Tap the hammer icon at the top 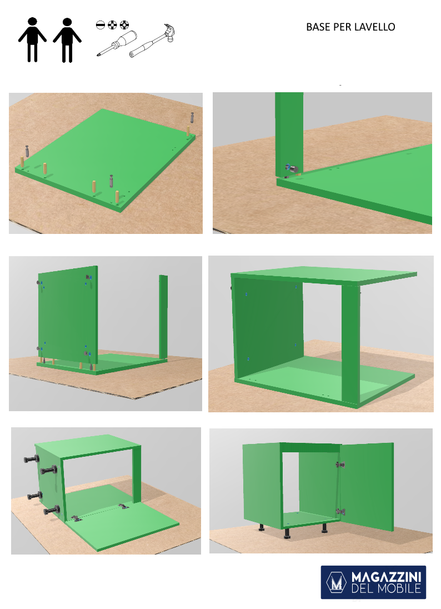click(152, 41)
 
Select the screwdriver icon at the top click(117, 43)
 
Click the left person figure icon click(32, 39)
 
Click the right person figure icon click(67, 40)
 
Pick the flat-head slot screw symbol click(100, 25)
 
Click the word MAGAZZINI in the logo click(386, 576)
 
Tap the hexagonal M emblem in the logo click(336, 582)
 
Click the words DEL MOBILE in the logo click(386, 588)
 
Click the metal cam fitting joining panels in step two click(292, 168)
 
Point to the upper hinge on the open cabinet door click(340, 464)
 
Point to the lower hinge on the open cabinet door click(340, 512)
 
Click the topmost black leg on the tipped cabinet click(32, 459)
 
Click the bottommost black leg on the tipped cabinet click(51, 510)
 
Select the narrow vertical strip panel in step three click(163, 317)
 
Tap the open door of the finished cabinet click(367, 487)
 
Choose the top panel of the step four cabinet click(324, 275)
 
